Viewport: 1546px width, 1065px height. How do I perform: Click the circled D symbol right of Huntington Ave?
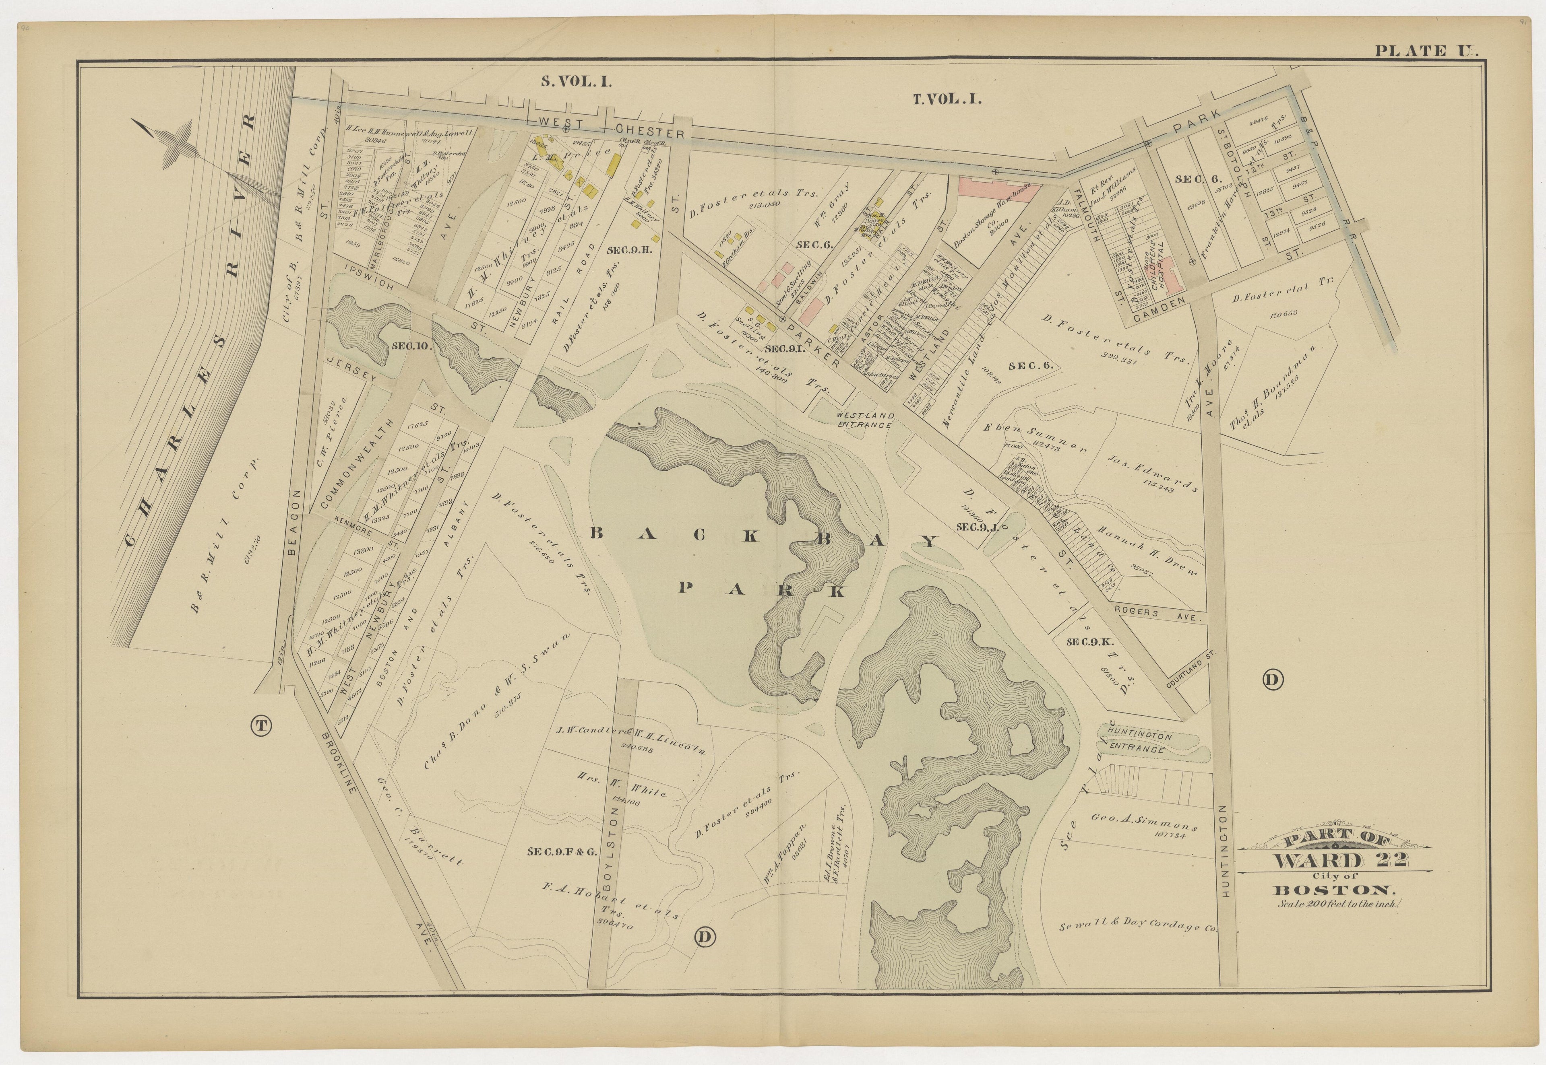click(1271, 680)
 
